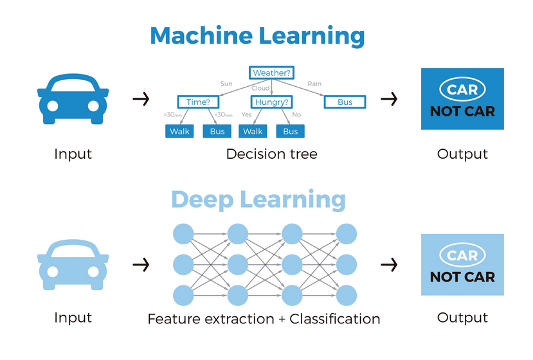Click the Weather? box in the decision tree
[271, 73]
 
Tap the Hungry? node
[271, 102]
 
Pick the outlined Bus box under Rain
[345, 102]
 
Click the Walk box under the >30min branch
[179, 131]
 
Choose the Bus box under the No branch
[290, 131]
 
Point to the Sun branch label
[226, 84]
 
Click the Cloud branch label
[260, 88]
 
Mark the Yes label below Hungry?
[246, 114]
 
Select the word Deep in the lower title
[203, 199]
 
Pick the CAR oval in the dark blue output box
[462, 89]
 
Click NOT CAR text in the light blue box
[462, 277]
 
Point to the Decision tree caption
[271, 154]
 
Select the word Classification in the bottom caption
[334, 319]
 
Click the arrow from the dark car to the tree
[141, 99]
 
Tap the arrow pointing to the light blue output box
[389, 264]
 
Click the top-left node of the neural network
[183, 233]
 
